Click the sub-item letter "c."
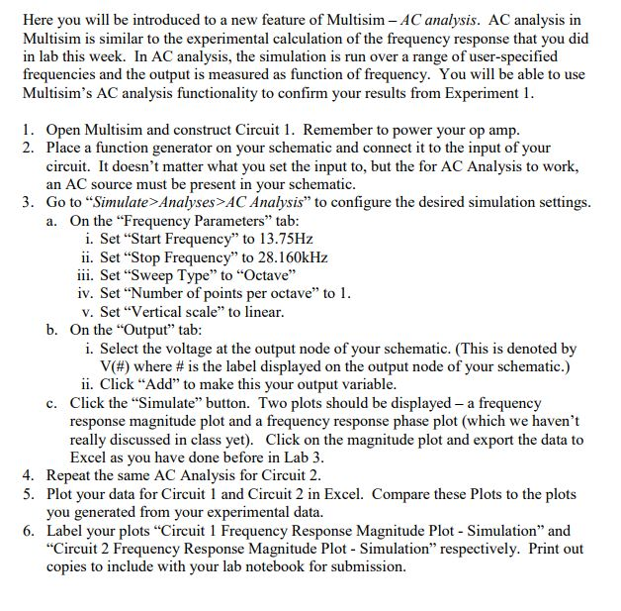click(x=52, y=403)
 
